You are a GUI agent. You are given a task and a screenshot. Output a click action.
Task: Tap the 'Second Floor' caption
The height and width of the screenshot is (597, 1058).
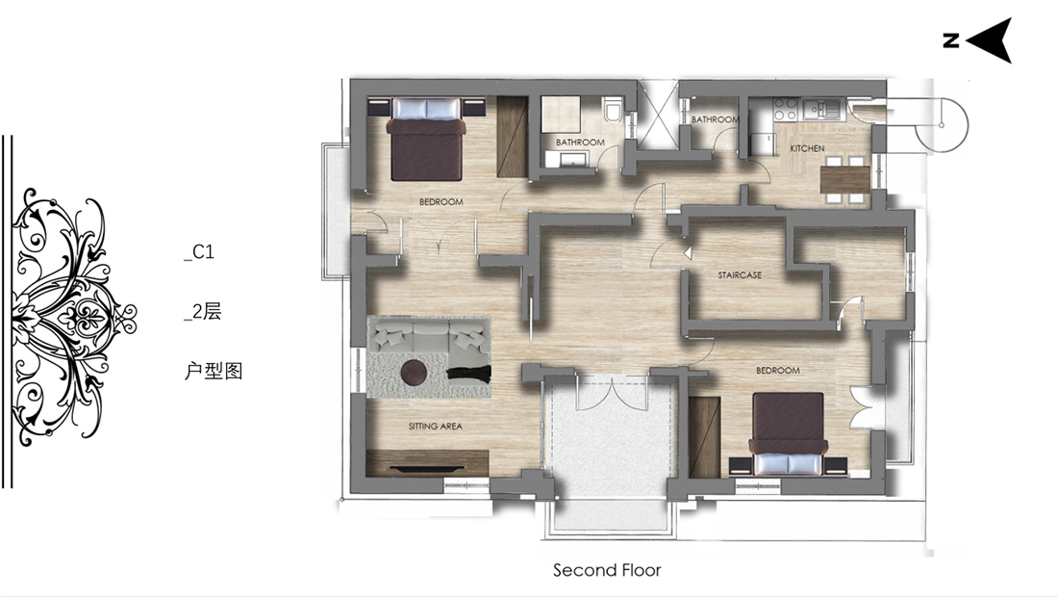607,571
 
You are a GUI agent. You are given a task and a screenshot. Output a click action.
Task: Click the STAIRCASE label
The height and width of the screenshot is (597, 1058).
740,275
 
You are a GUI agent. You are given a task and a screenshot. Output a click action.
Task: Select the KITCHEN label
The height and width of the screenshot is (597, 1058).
807,148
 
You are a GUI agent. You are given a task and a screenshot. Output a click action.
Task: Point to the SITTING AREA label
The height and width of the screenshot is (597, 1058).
435,427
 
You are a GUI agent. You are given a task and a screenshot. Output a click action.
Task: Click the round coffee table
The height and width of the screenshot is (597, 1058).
414,372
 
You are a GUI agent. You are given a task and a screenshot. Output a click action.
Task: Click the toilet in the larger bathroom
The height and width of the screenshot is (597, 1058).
614,110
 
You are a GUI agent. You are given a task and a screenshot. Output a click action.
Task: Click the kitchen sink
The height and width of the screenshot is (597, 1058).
821,108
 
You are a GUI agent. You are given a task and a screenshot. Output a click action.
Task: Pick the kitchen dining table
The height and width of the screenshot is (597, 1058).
845,180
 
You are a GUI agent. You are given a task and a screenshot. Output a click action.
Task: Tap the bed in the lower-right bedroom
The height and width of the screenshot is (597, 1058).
788,434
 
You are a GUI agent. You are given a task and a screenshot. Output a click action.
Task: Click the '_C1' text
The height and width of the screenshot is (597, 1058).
199,252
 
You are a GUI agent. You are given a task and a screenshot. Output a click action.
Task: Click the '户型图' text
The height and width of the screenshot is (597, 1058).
214,371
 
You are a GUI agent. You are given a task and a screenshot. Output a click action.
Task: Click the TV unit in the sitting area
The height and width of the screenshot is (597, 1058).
427,463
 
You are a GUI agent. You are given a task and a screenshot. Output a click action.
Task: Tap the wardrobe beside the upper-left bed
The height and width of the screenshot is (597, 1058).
512,137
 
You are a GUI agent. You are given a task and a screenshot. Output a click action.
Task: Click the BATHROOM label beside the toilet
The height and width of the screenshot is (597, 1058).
580,143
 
